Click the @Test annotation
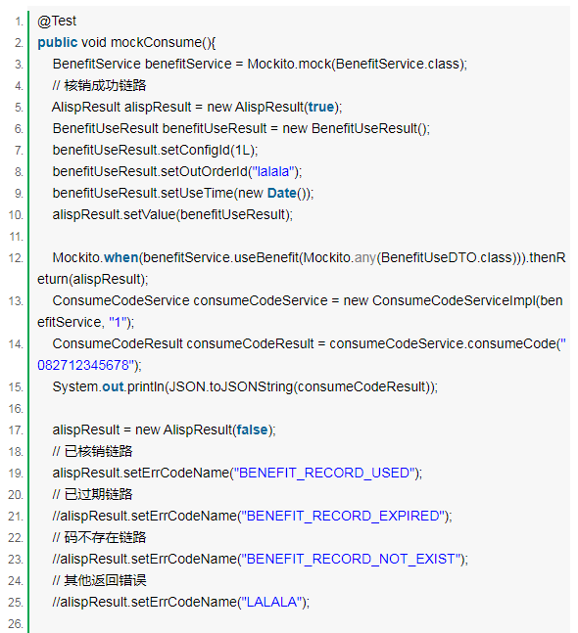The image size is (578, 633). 57,21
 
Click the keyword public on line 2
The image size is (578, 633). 58,42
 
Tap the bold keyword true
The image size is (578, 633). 321,107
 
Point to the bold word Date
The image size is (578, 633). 282,193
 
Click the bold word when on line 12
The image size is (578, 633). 120,257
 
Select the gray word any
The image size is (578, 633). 365,257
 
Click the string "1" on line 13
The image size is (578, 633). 118,322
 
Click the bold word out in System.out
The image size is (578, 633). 113,386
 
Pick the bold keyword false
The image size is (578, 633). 252,430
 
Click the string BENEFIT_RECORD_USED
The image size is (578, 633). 324,473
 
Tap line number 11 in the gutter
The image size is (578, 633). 17,237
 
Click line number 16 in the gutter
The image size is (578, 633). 16,409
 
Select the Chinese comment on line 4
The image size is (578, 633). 99,85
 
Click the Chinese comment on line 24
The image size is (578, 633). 99,580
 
